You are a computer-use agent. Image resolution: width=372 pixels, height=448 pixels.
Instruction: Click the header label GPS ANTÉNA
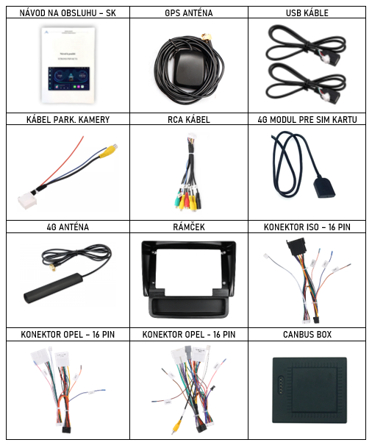click(189, 13)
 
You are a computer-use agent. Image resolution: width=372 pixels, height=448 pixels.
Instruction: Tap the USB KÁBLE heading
click(307, 13)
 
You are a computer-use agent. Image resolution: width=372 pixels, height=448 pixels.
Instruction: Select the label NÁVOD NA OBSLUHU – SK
click(68, 13)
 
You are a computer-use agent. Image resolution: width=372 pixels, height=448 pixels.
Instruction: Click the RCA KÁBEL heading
click(189, 119)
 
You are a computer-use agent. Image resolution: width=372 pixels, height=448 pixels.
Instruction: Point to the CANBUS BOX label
click(307, 334)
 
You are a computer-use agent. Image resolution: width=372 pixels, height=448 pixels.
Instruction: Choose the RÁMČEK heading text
click(189, 227)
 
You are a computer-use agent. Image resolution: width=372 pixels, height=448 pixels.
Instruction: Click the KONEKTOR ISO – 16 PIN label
click(307, 227)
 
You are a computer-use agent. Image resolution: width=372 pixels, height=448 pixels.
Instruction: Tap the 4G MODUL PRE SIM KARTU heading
click(307, 119)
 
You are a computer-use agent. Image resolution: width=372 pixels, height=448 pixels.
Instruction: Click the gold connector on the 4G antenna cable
click(52, 269)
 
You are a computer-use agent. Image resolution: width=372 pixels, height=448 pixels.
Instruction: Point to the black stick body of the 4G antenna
click(53, 288)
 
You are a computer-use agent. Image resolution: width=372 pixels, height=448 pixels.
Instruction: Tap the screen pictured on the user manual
click(69, 79)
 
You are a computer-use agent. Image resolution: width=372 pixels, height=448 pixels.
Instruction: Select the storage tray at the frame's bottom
click(188, 307)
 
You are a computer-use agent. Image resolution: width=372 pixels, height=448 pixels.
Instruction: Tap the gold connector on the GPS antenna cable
click(207, 37)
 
